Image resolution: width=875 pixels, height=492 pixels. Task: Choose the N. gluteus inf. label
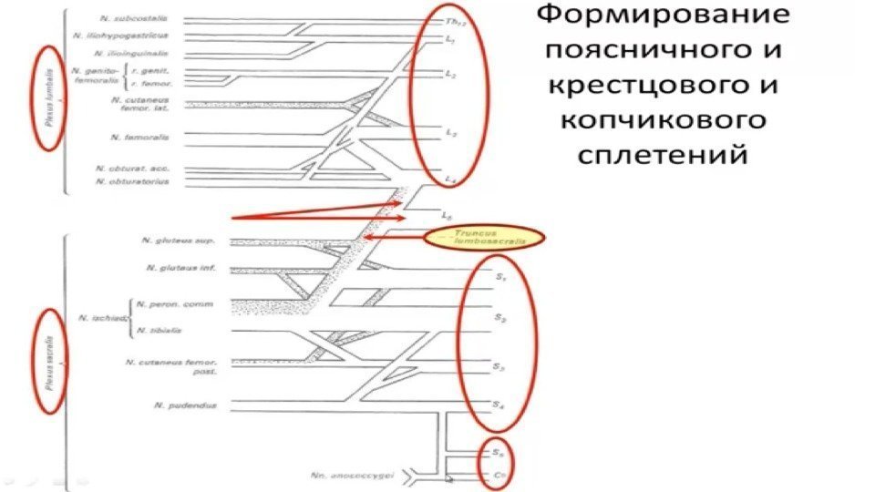[180, 269]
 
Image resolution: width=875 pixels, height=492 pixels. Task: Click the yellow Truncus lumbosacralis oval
[484, 239]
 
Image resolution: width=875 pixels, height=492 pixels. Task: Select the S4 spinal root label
[497, 405]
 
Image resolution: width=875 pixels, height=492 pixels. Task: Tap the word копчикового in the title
[663, 121]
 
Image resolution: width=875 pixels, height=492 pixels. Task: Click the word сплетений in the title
[663, 155]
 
